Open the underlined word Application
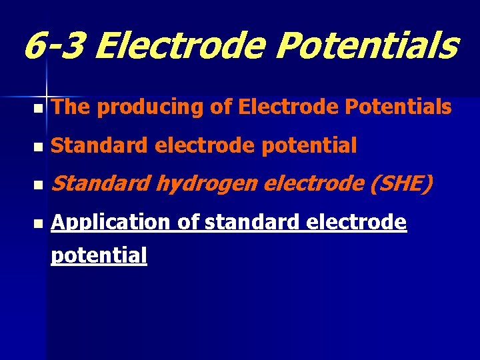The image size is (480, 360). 111,223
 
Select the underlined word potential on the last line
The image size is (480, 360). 99,255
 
